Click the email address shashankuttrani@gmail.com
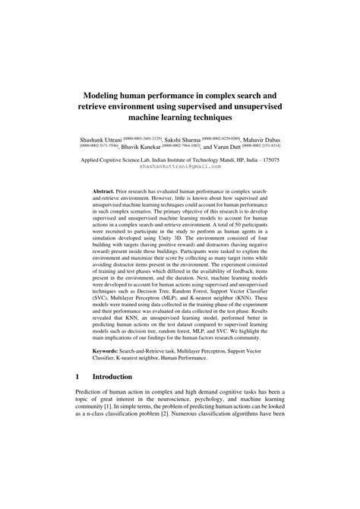(179, 168)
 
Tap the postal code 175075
(270, 161)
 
